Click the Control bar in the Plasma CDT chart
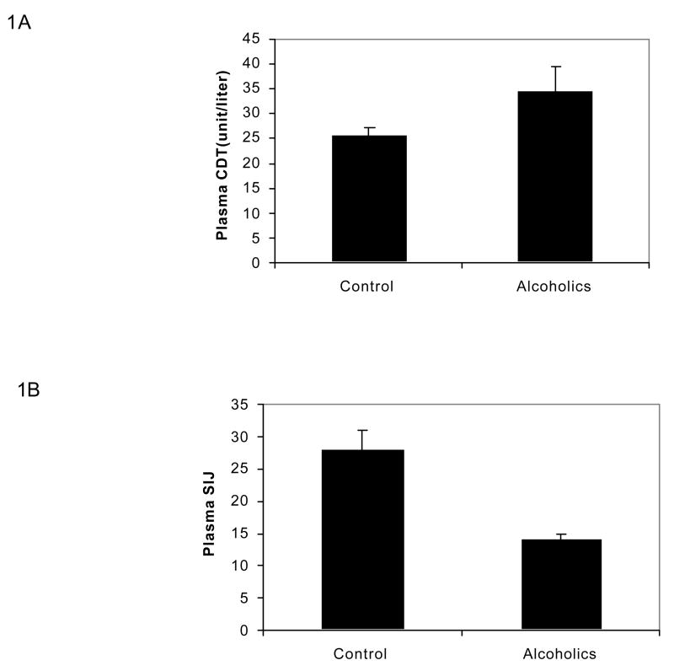point(369,198)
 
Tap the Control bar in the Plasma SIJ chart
point(361,539)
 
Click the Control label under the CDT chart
point(367,286)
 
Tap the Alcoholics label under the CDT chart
point(554,286)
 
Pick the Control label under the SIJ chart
point(361,653)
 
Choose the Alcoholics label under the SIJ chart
point(560,653)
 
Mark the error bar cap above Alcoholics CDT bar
point(555,67)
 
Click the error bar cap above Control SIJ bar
point(361,431)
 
